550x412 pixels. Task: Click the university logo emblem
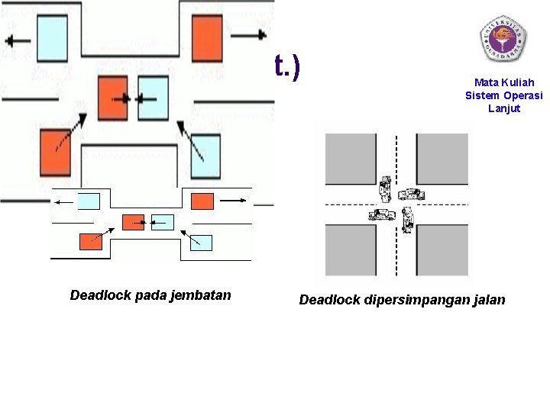tap(503, 37)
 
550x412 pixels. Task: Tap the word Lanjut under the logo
tap(503, 108)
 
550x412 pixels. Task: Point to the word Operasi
tap(522, 95)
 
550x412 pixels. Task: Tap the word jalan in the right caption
tap(487, 300)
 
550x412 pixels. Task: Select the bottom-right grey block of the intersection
tap(442, 249)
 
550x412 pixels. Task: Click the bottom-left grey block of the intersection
tap(350, 249)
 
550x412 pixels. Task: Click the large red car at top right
tap(207, 36)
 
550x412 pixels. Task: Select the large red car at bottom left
tap(55, 153)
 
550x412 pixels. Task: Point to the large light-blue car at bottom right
tap(205, 156)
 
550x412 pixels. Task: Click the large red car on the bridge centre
tap(113, 98)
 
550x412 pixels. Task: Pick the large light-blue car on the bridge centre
tap(152, 98)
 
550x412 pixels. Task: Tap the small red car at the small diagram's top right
tap(202, 201)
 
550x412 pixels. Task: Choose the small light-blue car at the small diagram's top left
tap(89, 201)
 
